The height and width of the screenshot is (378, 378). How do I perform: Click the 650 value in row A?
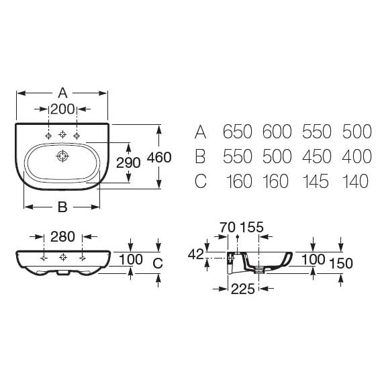[238, 132]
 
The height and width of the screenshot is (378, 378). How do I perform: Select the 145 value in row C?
[316, 181]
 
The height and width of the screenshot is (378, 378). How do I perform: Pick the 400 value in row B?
[357, 156]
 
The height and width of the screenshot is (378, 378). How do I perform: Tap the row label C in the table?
[201, 181]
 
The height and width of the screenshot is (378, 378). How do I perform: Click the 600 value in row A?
[277, 132]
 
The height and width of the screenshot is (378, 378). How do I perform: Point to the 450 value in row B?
[317, 156]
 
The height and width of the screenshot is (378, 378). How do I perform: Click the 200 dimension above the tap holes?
[62, 109]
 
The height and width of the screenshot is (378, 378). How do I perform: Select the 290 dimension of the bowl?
[128, 162]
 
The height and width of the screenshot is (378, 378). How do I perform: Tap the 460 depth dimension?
[159, 157]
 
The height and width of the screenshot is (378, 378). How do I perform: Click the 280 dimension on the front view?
[62, 236]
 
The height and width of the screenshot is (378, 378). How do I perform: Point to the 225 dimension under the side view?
[243, 289]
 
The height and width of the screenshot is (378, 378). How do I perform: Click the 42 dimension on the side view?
[196, 254]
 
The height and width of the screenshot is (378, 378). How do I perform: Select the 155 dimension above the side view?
[252, 227]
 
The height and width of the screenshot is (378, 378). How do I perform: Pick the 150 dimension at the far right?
[341, 263]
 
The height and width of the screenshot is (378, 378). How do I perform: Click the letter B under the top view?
[62, 207]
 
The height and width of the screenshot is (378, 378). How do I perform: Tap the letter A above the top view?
[62, 93]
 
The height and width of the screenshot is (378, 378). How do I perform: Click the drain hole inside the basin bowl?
[62, 156]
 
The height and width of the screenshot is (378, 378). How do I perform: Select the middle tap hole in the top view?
[62, 134]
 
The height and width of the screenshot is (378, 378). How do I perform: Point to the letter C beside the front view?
[158, 263]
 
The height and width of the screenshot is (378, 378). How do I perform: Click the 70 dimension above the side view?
[228, 227]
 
